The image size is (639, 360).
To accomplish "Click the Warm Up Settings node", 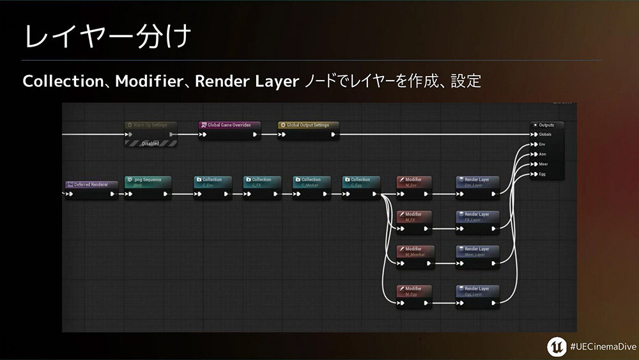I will (151, 125).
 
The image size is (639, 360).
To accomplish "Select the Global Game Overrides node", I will (229, 125).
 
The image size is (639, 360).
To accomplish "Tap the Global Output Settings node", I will (308, 125).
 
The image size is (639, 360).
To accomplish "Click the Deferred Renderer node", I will (91, 185).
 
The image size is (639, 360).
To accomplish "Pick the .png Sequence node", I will (148, 180).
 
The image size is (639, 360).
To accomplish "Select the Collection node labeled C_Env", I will (212, 180).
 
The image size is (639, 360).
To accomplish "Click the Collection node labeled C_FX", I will (261, 180).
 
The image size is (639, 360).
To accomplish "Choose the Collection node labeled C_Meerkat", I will (311, 180).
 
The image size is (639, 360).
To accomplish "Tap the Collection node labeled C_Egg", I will (360, 180).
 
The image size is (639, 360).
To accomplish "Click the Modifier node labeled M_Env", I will (414, 180).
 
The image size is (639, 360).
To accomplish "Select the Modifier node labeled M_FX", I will (414, 215).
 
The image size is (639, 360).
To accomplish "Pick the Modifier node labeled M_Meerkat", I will (414, 250).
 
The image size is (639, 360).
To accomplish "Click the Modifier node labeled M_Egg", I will (414, 290).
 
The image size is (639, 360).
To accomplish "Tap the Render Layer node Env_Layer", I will (477, 180).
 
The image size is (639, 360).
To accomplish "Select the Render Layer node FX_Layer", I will (477, 215).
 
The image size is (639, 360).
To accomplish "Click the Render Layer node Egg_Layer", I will (477, 290).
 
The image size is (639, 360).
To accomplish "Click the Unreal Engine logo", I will (555, 345).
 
